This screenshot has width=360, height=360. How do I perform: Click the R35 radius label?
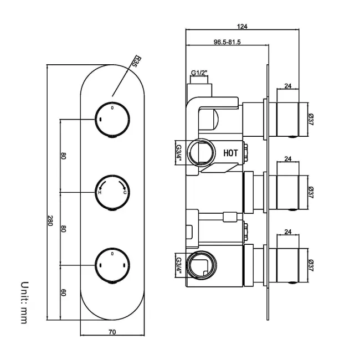click(x=133, y=61)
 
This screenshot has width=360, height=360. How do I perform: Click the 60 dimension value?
click(x=64, y=292)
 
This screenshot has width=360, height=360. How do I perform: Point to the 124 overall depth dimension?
click(x=241, y=26)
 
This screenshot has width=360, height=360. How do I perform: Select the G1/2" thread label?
click(x=199, y=73)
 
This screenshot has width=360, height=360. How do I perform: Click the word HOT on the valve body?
click(x=231, y=152)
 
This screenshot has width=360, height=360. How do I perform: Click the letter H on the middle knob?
click(x=100, y=193)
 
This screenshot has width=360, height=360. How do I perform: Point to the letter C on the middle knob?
click(x=125, y=193)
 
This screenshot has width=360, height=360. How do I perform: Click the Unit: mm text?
click(x=24, y=302)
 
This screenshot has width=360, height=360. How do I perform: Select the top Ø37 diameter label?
click(x=311, y=120)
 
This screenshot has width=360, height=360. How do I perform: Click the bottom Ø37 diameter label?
click(x=311, y=265)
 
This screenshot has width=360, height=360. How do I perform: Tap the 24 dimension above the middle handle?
click(x=287, y=159)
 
